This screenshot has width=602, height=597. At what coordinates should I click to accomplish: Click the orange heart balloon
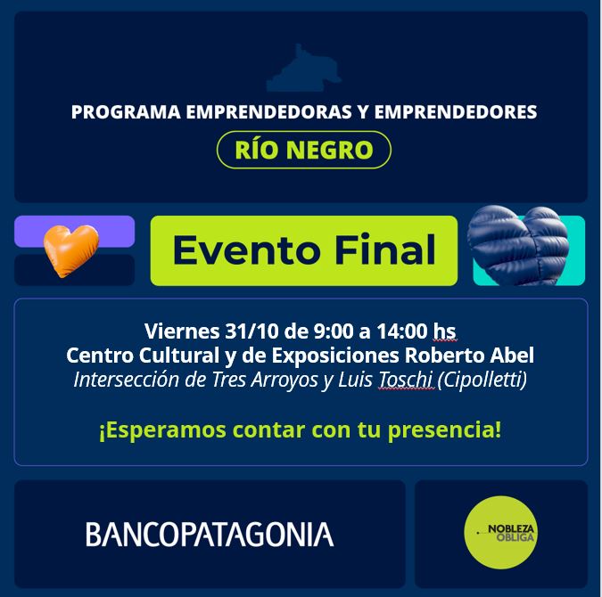[x=70, y=249]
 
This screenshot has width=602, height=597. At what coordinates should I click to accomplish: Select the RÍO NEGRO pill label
[x=304, y=150]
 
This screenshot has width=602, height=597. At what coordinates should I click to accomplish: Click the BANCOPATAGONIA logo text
[x=210, y=535]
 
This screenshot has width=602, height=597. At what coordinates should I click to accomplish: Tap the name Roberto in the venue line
[x=443, y=356]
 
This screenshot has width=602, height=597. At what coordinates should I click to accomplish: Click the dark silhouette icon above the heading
[x=303, y=70]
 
